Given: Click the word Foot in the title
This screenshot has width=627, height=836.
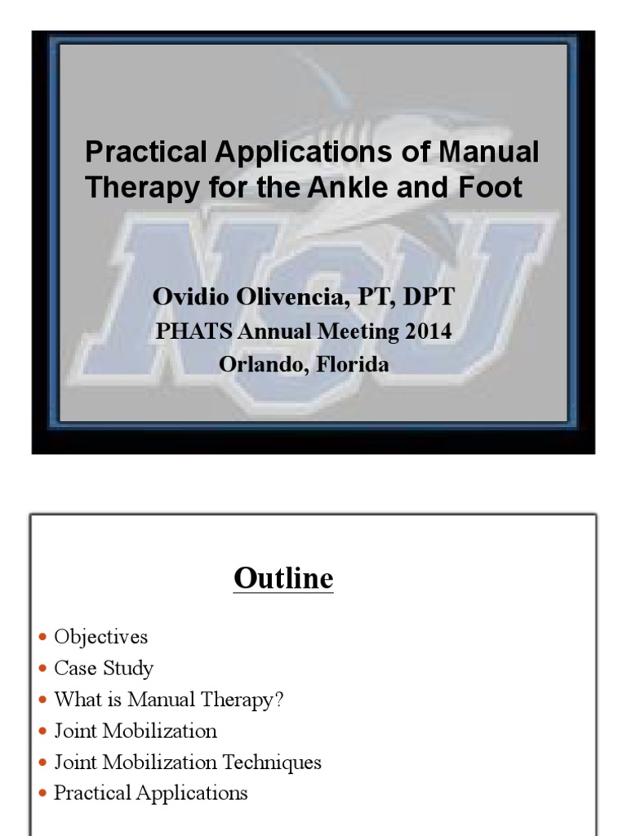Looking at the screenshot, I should (494, 188).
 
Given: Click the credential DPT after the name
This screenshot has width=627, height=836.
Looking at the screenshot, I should (425, 296).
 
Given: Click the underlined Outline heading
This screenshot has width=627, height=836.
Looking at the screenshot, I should (283, 578).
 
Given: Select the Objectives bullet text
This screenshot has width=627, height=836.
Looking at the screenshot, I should (101, 637).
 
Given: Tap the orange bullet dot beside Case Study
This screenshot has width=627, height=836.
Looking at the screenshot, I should (43, 669).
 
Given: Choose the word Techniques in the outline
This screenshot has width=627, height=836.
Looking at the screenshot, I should (272, 763).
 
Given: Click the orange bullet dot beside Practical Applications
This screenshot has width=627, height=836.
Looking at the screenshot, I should (43, 794).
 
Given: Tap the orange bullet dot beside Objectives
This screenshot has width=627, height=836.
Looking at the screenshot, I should (43, 637).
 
